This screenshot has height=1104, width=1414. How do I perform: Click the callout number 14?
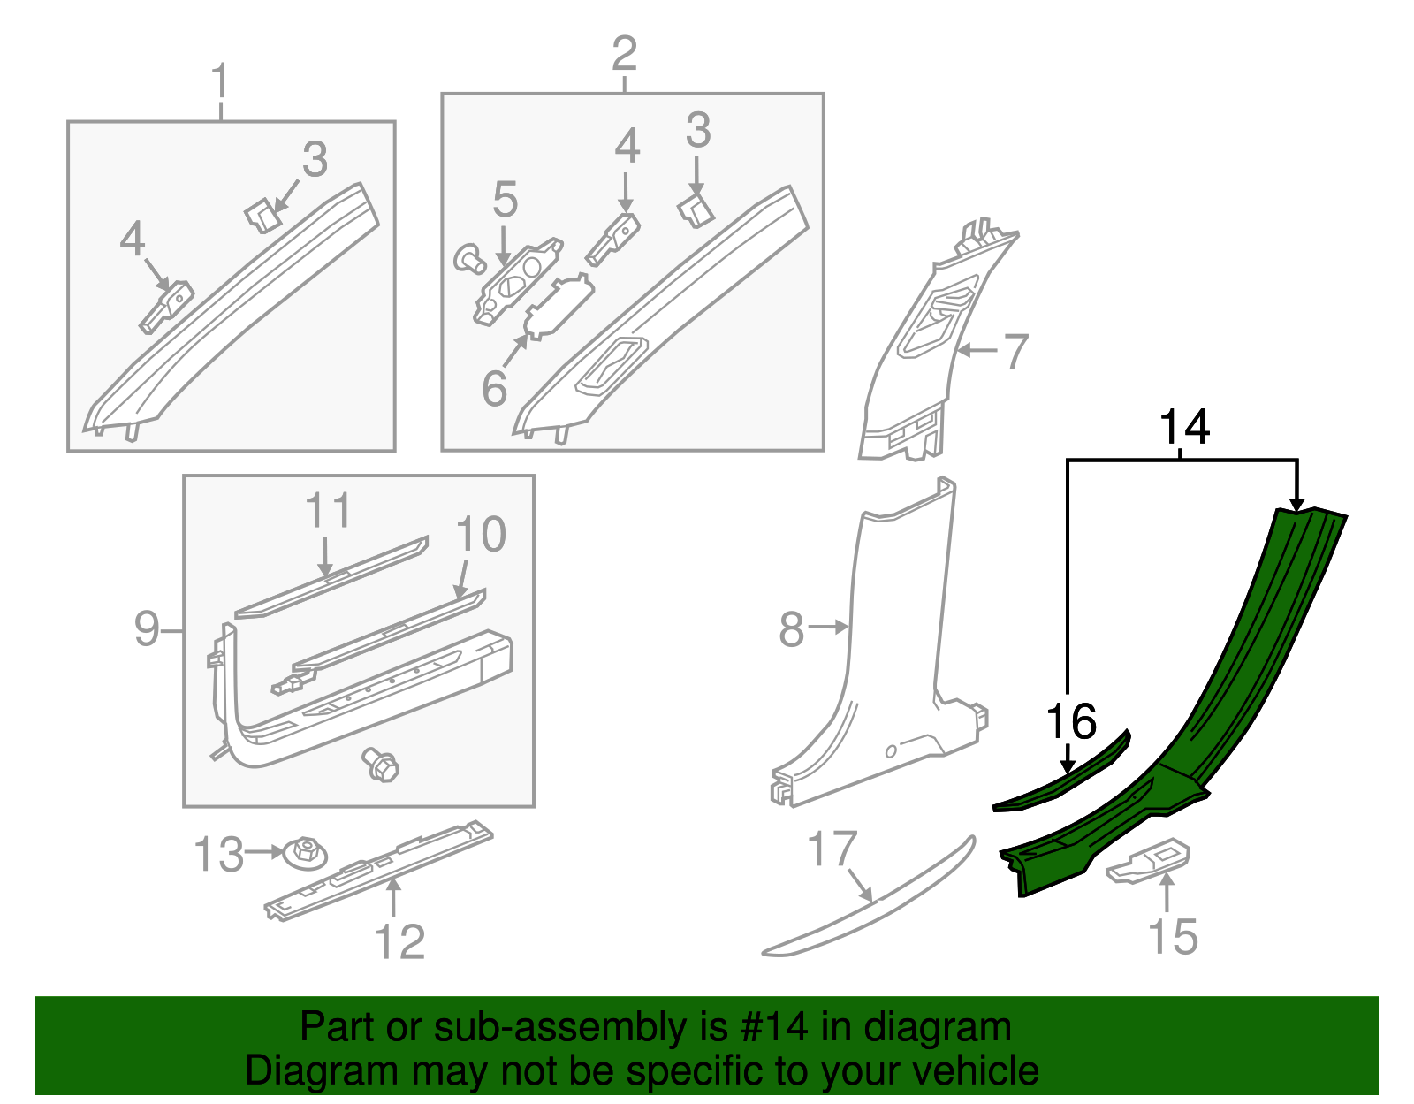pos(1183,428)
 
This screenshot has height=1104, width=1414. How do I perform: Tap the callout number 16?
pos(1071,722)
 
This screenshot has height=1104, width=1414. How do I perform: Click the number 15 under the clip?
pos(1173,937)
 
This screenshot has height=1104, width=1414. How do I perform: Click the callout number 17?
pos(832,849)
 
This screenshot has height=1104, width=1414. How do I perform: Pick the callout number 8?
pos(791,629)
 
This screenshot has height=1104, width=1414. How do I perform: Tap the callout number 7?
pos(1015,351)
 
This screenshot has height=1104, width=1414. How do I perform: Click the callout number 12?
pos(399,942)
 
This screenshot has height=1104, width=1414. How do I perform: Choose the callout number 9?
pos(147,629)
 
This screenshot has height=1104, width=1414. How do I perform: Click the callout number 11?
pos(328,512)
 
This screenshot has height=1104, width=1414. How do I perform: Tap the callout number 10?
pos(481,536)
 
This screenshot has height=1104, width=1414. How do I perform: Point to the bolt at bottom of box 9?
pos(381,763)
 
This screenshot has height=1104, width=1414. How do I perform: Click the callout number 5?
pos(505,200)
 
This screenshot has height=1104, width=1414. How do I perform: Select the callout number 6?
pos(494,389)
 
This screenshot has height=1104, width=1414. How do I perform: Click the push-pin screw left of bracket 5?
pos(469,259)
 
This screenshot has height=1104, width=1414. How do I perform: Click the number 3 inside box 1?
pos(315,161)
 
